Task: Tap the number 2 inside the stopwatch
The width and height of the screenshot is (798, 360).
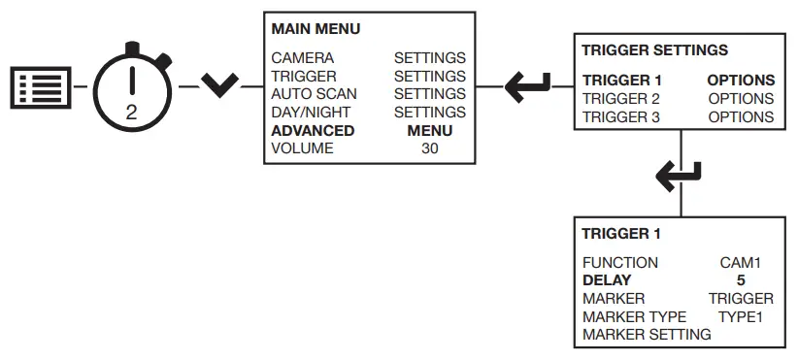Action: (131, 111)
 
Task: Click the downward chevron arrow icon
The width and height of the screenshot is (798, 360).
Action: (222, 86)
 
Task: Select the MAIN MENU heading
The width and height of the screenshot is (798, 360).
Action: (316, 29)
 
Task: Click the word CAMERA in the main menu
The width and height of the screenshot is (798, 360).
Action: (302, 58)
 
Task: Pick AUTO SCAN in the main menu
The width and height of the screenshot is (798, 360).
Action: (314, 94)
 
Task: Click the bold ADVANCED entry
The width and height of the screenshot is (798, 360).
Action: (313, 131)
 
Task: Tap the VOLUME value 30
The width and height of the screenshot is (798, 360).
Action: (430, 148)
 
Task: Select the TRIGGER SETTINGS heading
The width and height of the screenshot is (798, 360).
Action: (654, 50)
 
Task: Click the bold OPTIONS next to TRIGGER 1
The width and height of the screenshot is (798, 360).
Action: (741, 81)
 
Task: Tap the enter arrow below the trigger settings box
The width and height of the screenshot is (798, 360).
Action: (681, 175)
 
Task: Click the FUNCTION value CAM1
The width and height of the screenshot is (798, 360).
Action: (741, 263)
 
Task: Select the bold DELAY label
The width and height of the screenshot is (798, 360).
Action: (606, 280)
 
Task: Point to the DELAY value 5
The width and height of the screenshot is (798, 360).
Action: (741, 280)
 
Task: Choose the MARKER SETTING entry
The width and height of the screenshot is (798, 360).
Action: (647, 335)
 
